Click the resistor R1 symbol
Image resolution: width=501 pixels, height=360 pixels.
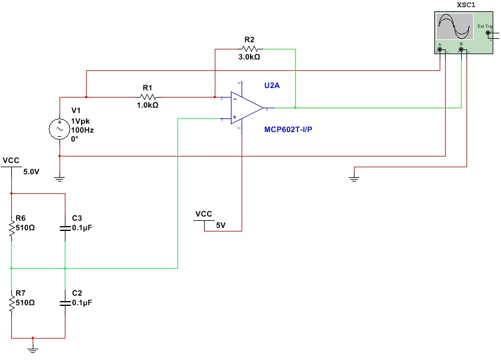tap(148, 96)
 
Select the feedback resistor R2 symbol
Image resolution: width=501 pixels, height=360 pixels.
tap(249, 49)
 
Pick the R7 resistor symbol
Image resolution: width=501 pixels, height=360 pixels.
tap(11, 303)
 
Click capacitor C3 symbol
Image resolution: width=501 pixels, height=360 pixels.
tap(65, 228)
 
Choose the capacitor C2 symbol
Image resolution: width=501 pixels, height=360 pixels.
tap(65, 303)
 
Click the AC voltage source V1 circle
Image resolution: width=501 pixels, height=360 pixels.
tap(60, 128)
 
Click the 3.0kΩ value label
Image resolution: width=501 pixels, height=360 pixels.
tap(249, 58)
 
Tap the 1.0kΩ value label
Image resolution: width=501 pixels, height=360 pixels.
tap(147, 105)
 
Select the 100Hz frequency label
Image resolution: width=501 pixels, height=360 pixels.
tap(82, 129)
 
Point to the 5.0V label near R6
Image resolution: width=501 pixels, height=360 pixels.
tap(32, 172)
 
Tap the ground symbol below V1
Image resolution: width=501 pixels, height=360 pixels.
tap(60, 176)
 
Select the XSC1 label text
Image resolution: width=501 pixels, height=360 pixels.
tap(465, 5)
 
